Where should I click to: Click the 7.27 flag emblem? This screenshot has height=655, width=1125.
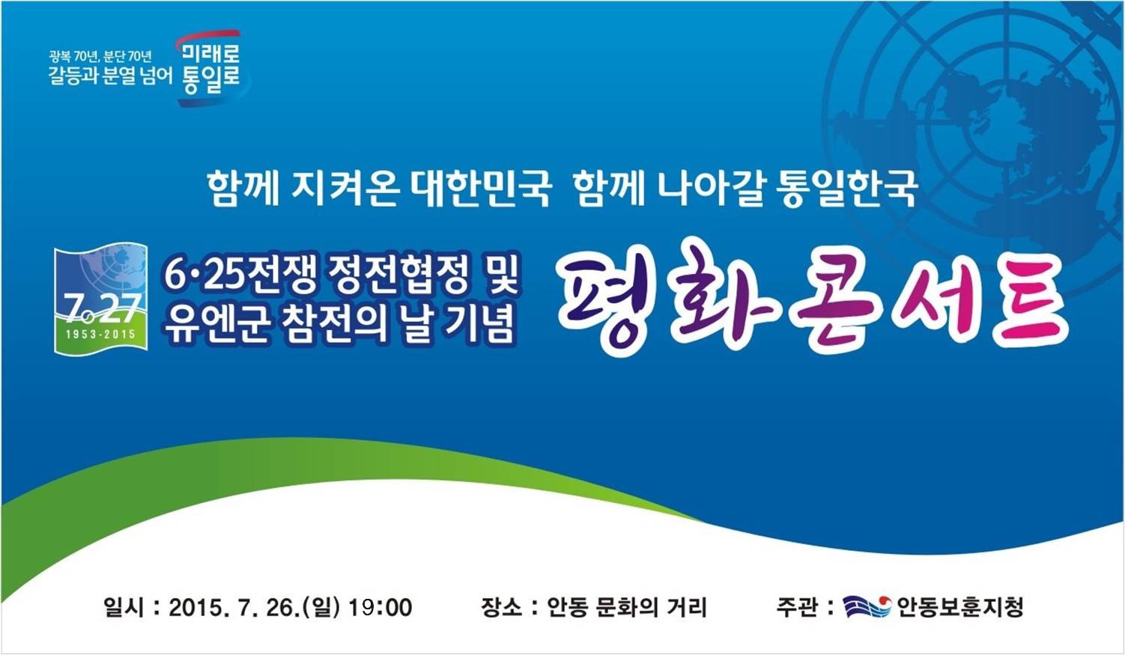(101, 299)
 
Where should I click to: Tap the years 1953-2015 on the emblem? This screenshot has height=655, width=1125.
(101, 335)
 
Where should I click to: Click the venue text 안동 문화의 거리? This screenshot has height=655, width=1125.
(626, 607)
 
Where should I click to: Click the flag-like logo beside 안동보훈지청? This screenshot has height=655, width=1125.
(867, 607)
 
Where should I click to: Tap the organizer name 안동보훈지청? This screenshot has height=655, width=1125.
(960, 607)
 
